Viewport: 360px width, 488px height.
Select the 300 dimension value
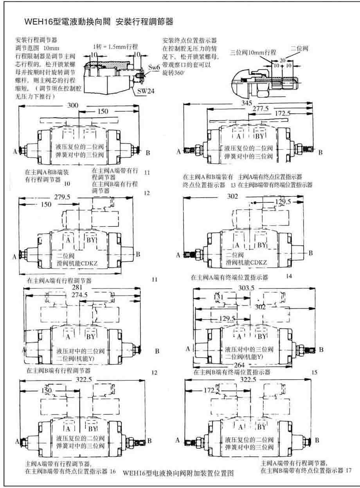(x=73, y=105)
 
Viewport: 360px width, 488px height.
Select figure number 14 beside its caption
(x=289, y=276)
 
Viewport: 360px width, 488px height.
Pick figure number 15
(x=315, y=373)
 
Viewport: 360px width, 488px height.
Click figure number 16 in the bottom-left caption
(x=113, y=472)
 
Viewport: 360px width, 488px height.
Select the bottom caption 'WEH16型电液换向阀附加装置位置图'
(x=178, y=473)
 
